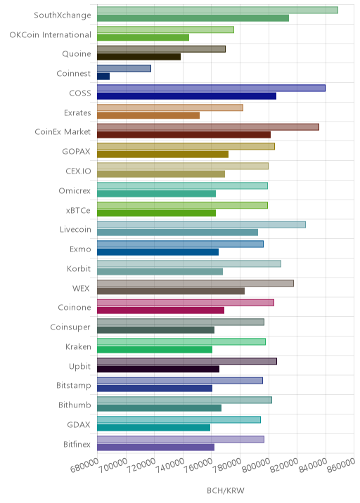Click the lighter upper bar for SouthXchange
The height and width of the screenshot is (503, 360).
tap(217, 10)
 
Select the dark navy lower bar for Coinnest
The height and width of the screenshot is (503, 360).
tap(103, 77)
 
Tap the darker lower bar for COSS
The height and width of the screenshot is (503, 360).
tap(186, 96)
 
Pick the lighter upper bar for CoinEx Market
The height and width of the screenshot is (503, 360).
tap(208, 127)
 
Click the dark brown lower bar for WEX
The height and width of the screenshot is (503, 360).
tap(171, 291)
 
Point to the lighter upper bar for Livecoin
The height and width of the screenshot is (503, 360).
tap(201, 225)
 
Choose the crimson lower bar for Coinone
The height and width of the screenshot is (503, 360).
tap(160, 311)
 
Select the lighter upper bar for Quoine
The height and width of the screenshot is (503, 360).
tap(161, 49)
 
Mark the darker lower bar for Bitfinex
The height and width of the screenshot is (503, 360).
tap(156, 448)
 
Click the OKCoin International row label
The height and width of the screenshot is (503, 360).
tap(51, 34)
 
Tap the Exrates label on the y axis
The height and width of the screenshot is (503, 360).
tap(77, 113)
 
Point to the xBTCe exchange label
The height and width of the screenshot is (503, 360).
tap(78, 211)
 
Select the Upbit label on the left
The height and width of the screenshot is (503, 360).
tap(80, 366)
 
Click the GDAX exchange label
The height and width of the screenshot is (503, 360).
tap(79, 425)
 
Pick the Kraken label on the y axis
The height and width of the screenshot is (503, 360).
tap(78, 347)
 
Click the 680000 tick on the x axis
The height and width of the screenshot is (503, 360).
tap(84, 466)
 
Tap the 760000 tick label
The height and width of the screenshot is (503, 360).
tap(198, 466)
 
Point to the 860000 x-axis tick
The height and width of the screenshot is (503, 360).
tap(341, 466)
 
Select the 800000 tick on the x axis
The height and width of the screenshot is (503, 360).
tap(256, 466)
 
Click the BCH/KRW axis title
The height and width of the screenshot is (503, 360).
tap(226, 490)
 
